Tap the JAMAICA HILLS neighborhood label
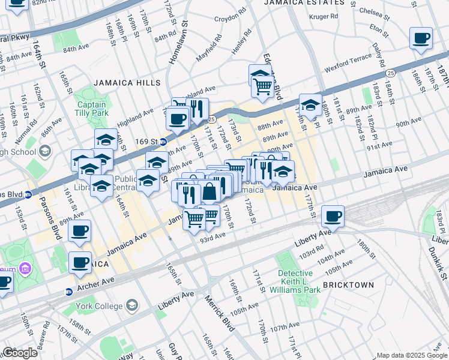pyautogui.click(x=127, y=83)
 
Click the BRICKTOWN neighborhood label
pyautogui.click(x=348, y=285)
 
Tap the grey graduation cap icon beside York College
pyautogui.click(x=131, y=306)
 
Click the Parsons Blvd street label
pyautogui.click(x=55, y=221)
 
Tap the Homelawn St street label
pyautogui.click(x=178, y=45)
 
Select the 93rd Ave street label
pyautogui.click(x=212, y=236)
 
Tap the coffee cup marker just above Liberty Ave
pyautogui.click(x=333, y=215)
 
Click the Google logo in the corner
pyautogui.click(x=20, y=353)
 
